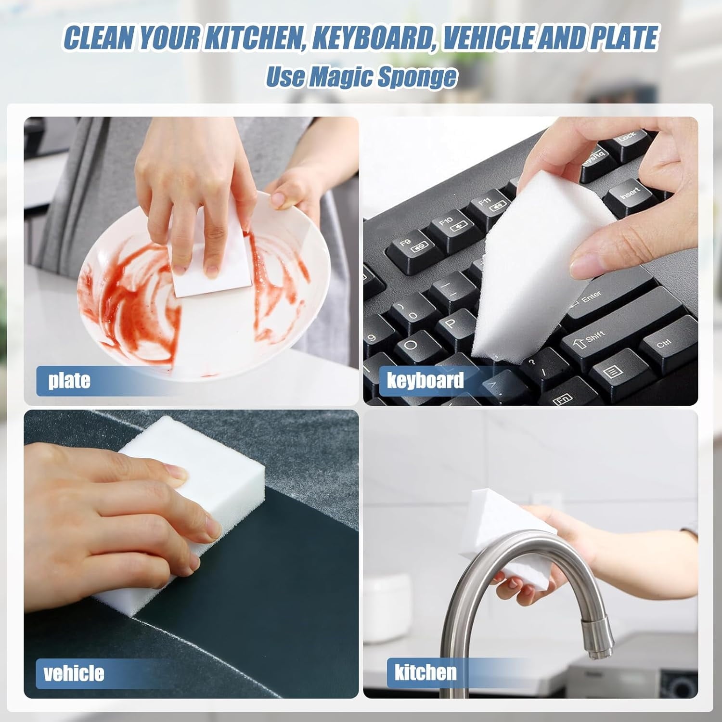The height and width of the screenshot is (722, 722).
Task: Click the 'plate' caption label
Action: click(x=69, y=380)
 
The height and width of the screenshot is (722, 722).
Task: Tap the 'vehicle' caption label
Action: click(x=74, y=672)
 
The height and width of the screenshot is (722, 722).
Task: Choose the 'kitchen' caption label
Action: click(x=425, y=672)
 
